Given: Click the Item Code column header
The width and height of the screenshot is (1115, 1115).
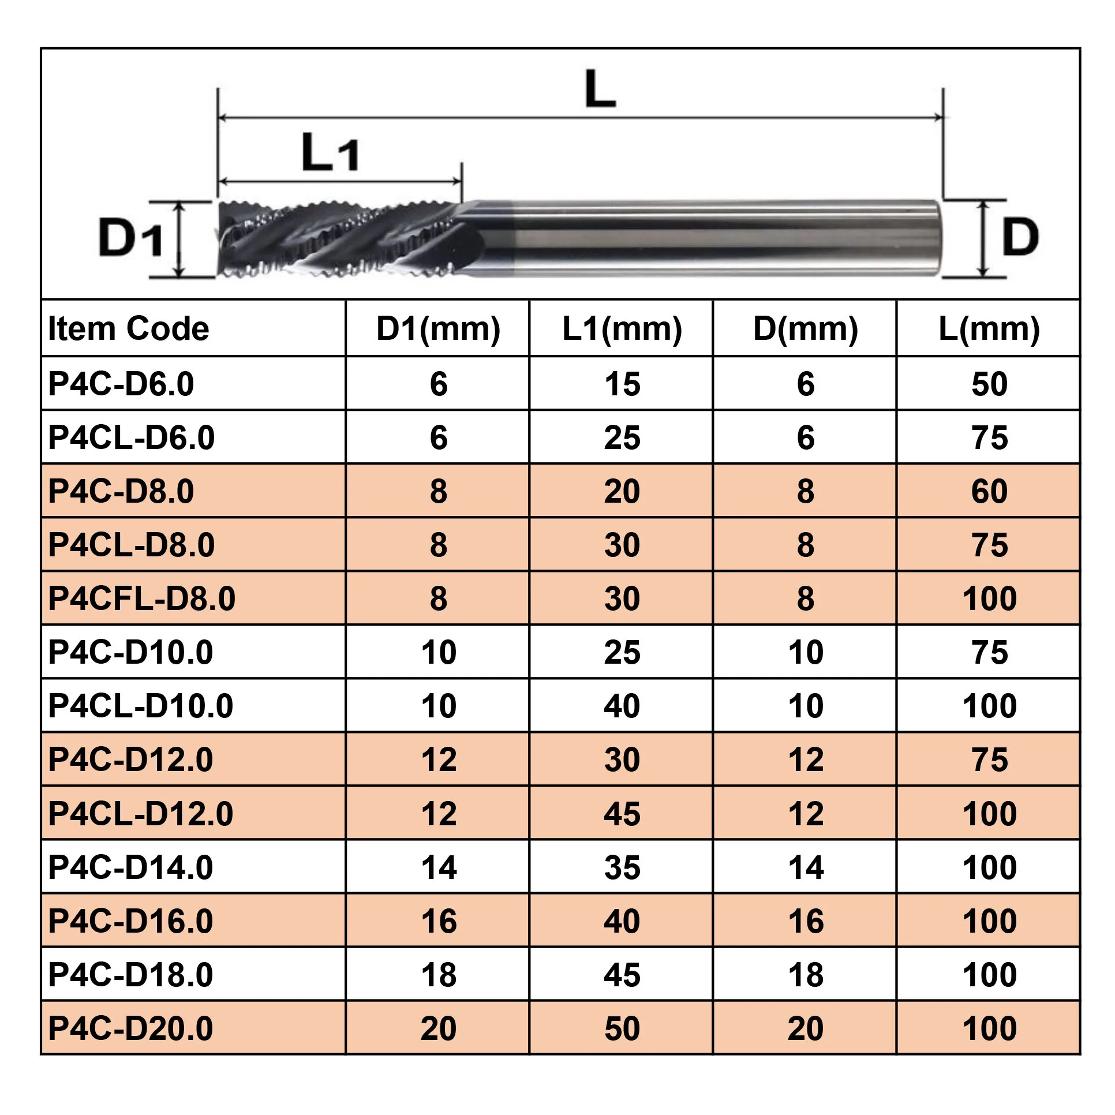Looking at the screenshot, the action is coord(128,328).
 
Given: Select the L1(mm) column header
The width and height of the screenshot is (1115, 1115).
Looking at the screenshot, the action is coord(622,329).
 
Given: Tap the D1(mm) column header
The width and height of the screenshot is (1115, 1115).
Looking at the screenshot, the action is coord(438,329).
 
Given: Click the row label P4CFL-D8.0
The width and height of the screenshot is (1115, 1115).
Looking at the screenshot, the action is coord(142,598).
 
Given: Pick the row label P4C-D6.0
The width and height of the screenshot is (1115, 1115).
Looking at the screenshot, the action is coord(121,384).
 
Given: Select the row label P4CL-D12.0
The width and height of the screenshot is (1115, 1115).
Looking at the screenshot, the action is coord(141,814).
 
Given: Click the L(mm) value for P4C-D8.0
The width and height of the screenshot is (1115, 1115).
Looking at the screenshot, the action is coord(989,491).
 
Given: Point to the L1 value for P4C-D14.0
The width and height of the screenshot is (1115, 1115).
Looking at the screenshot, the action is coord(622,867).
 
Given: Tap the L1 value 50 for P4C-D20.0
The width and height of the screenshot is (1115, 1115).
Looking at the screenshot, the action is coord(622,1028).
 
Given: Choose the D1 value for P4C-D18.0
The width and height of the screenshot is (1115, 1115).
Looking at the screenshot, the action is coord(439,975).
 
